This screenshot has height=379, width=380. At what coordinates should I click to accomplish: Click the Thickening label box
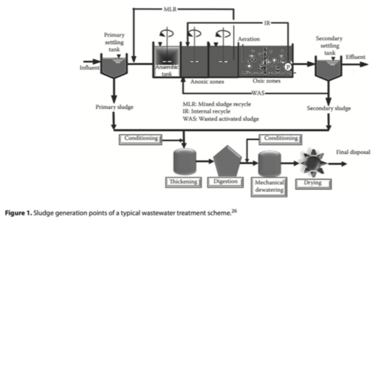[x=183, y=182]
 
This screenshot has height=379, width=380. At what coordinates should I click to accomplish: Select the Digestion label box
[x=226, y=182]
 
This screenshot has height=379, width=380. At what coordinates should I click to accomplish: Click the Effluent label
[x=356, y=57]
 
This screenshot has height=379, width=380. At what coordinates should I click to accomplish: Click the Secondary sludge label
[x=329, y=108]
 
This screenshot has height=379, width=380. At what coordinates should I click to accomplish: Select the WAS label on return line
[x=258, y=93]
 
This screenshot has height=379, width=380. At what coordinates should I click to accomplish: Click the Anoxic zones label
[x=207, y=82]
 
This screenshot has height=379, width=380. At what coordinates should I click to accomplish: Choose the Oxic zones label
[x=266, y=82]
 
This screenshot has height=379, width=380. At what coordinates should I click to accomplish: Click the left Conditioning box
[x=142, y=138]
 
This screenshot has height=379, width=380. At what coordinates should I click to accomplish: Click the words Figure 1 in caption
[x=17, y=211]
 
